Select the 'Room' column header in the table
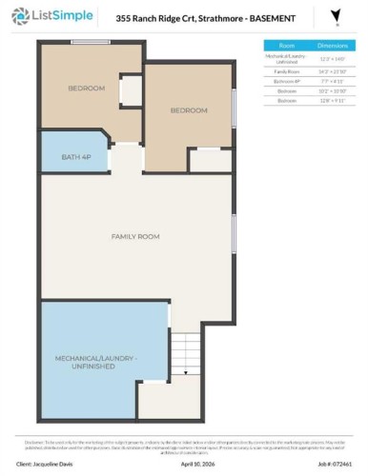[286, 45]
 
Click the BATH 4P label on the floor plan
[74, 156]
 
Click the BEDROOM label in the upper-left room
[86, 89]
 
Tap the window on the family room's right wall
[235, 234]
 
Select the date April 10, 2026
[199, 465]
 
